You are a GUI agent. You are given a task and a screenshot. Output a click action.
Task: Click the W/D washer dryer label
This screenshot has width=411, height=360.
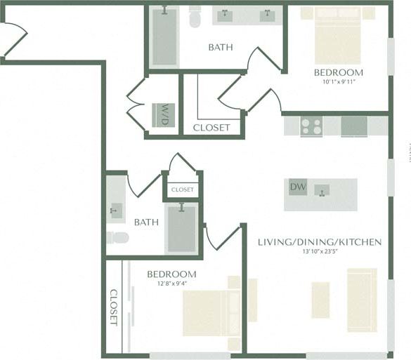[x=164, y=114]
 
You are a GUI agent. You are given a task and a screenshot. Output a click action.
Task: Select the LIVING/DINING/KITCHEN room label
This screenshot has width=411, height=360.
[x=320, y=242]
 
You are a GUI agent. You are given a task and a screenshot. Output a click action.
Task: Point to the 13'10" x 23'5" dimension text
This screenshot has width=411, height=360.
[x=320, y=252]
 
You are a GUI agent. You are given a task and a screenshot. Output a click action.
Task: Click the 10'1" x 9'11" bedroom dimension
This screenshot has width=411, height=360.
[x=338, y=81]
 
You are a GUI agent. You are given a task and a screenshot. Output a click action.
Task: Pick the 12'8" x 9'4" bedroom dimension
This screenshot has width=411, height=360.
[x=171, y=284]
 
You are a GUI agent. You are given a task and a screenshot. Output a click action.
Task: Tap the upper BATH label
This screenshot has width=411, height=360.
[x=221, y=48]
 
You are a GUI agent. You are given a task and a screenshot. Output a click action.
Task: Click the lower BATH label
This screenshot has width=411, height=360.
[x=146, y=222]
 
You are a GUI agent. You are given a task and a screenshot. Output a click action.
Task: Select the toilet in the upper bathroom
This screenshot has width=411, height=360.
[x=195, y=17]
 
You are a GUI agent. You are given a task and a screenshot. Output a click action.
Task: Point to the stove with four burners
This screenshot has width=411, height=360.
[x=311, y=126]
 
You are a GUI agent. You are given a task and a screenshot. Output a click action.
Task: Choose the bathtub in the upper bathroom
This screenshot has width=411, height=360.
[x=164, y=36]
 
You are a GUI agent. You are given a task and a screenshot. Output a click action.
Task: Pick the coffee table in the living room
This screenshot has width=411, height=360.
[x=320, y=300]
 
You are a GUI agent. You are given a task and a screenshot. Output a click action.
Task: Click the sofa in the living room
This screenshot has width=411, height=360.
[x=362, y=300]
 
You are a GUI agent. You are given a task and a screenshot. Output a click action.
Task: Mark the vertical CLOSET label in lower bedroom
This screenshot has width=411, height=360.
[x=114, y=307]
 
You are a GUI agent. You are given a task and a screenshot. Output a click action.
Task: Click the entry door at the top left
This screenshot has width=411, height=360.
[x=13, y=39]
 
